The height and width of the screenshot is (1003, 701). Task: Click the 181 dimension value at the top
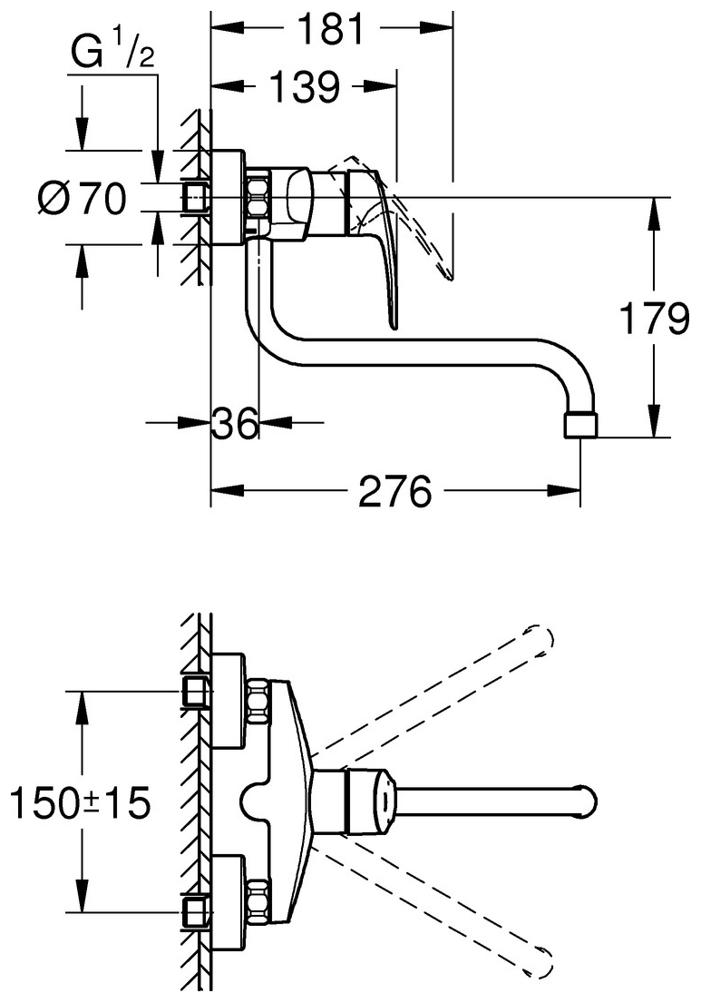pyautogui.click(x=332, y=30)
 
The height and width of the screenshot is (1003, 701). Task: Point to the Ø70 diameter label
pyautogui.click(x=83, y=199)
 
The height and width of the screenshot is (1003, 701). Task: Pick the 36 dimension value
pyautogui.click(x=235, y=422)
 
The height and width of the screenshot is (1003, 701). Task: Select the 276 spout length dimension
pyautogui.click(x=394, y=493)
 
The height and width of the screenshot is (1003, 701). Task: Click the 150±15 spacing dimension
pyautogui.click(x=79, y=803)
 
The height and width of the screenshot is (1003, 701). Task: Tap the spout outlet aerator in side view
pyautogui.click(x=581, y=426)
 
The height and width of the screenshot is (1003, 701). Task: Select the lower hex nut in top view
pyautogui.click(x=258, y=901)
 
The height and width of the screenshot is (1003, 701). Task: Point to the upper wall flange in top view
pyautogui.click(x=228, y=697)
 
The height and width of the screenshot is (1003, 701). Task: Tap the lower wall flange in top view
pyautogui.click(x=228, y=902)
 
